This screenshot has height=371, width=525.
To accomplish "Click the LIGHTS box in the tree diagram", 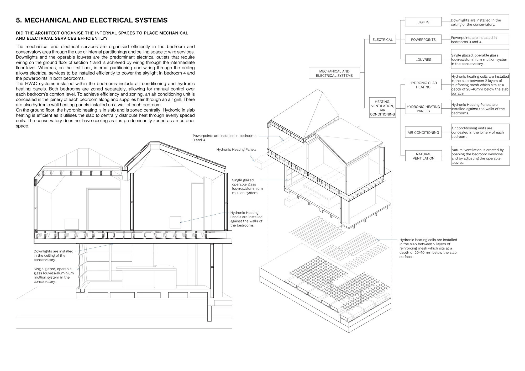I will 423,22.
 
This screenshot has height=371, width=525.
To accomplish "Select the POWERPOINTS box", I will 423,40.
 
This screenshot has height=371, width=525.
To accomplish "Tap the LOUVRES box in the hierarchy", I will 423,60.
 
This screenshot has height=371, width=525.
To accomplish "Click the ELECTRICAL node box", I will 382,40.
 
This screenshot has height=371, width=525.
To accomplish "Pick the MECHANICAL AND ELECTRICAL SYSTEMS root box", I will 334,73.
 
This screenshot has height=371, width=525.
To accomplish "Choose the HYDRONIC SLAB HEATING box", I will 423,85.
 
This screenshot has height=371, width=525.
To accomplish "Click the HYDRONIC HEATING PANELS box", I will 423,109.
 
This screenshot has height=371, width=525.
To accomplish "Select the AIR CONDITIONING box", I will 423,132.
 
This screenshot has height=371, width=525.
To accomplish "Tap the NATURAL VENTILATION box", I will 423,156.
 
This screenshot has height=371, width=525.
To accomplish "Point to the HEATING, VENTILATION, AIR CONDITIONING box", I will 382,108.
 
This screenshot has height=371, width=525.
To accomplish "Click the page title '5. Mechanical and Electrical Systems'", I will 92,20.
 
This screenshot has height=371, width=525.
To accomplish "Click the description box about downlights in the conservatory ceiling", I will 480,22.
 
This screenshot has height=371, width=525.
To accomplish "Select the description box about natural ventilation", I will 480,156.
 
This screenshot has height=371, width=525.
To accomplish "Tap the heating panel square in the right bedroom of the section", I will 175,222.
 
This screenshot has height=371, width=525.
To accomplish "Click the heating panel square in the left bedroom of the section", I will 71,224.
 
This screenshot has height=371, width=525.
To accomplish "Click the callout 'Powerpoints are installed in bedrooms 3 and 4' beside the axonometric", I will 224,138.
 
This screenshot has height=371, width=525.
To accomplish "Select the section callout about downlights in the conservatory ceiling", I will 54,255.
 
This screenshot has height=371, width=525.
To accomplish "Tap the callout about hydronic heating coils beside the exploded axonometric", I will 428,248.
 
